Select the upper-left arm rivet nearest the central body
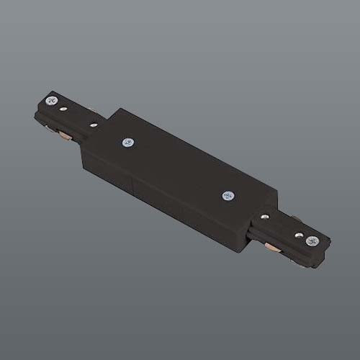coord(93,125)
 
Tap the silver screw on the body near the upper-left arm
coord(128,142)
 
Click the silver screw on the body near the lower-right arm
coord(228,195)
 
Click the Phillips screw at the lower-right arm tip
coord(312,240)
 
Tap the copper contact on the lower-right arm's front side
coord(272,248)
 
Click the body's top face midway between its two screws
coord(178,168)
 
